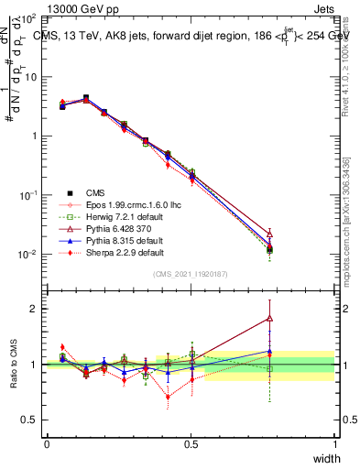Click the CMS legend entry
[96, 192]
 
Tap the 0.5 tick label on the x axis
[191, 443]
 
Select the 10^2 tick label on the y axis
[27, 18]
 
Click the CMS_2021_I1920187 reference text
[190, 274]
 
